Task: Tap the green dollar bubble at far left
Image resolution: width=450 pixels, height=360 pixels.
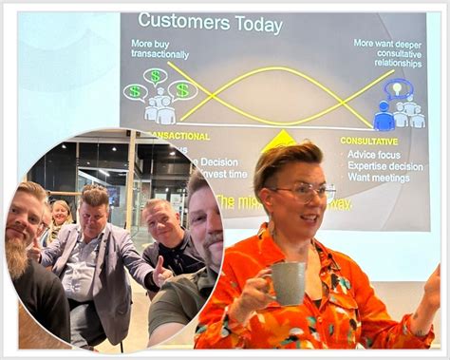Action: click(x=135, y=91)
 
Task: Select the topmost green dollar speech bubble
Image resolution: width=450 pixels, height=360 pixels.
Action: click(x=155, y=76)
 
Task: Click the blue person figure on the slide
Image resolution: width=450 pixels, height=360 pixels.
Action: click(x=384, y=116)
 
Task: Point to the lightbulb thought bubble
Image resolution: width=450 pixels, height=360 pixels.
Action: click(x=398, y=88)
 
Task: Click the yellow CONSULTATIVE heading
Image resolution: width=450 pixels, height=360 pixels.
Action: click(x=368, y=140)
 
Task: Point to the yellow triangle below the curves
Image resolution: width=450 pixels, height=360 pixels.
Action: click(x=278, y=141)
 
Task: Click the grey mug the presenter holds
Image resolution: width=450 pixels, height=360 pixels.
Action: click(x=288, y=282)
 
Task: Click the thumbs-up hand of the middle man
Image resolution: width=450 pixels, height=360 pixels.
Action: click(x=162, y=273)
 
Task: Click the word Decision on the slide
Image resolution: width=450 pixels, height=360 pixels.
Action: click(x=219, y=161)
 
